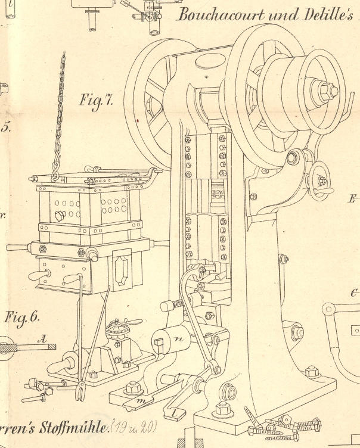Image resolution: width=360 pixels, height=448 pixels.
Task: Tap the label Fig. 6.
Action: [x=21, y=318]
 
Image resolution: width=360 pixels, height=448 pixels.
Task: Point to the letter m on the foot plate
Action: [x=142, y=403]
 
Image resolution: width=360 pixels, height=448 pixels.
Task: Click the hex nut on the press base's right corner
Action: [x=311, y=373]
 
